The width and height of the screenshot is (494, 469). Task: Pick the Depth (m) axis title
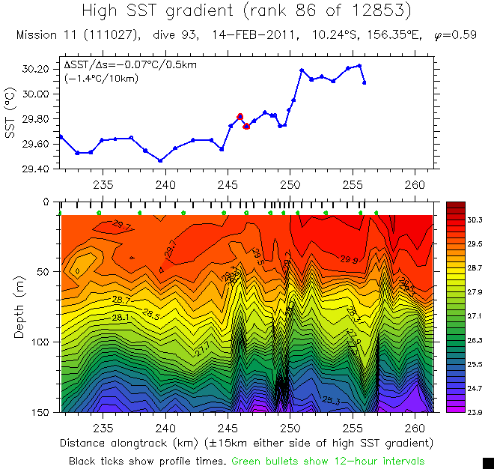[x=18, y=307]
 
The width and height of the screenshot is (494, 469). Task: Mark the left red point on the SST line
[x=240, y=116]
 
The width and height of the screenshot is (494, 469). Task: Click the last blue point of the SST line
[x=364, y=82]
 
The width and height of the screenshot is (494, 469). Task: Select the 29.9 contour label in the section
[x=349, y=260]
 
